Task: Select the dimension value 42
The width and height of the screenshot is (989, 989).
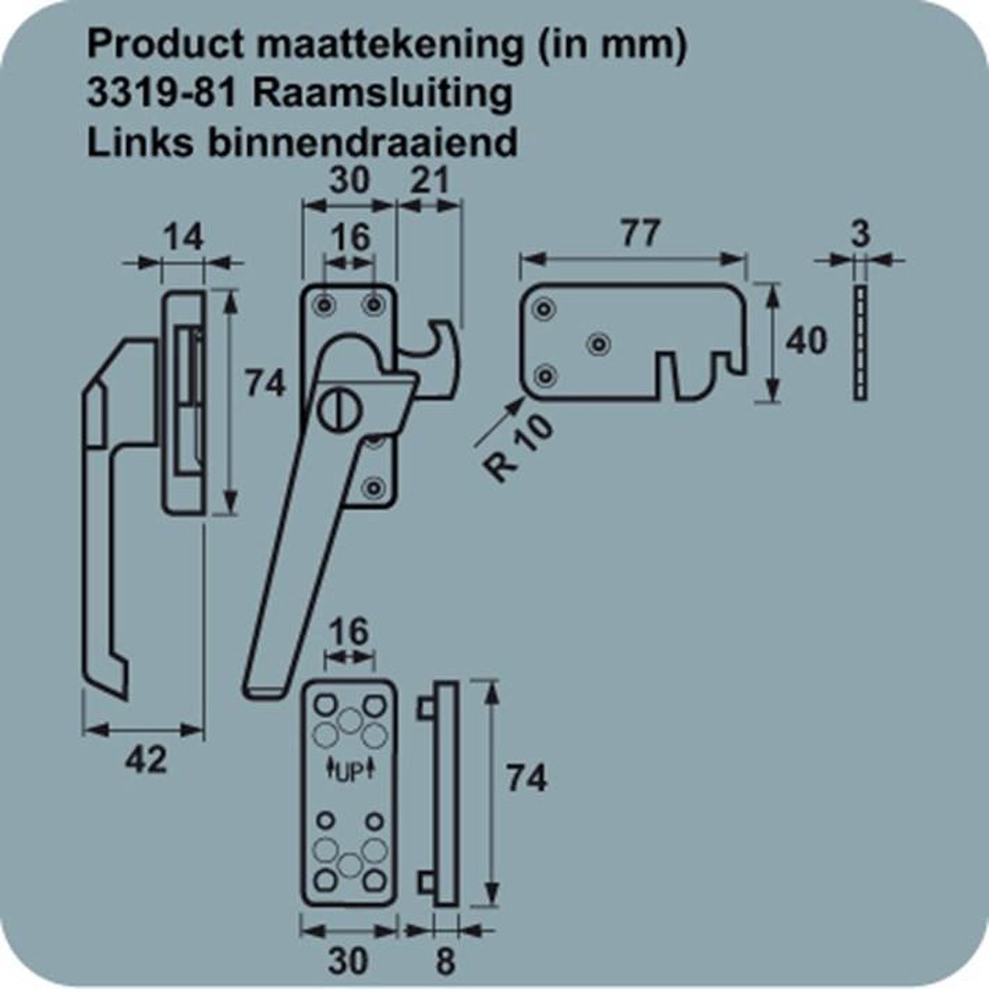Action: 144,759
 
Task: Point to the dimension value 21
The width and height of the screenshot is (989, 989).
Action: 430,180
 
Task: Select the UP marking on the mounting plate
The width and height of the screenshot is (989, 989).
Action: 349,771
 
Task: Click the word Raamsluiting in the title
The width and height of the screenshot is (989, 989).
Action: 381,93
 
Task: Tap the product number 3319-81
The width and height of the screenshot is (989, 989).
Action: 162,93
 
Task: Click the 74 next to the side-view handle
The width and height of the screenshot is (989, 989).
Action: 265,383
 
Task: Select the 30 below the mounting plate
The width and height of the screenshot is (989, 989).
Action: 349,960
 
